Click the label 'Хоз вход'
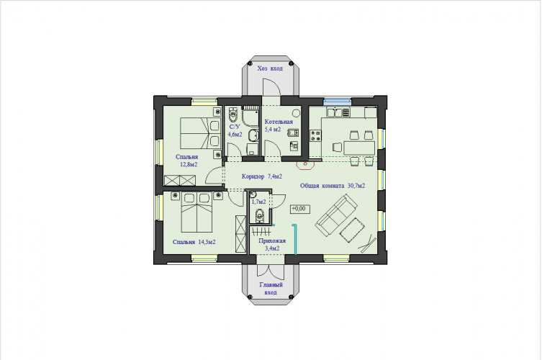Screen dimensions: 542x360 pyautogui.click(x=270, y=68)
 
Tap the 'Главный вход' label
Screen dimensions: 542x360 pyautogui.click(x=271, y=289)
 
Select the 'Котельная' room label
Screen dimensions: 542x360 pyautogui.click(x=279, y=122)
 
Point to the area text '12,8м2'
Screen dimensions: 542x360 pyautogui.click(x=189, y=165)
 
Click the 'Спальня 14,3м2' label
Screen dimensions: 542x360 pyautogui.click(x=194, y=242)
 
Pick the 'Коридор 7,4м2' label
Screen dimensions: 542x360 pyautogui.click(x=262, y=176)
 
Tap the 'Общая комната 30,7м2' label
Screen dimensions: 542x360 pyautogui.click(x=333, y=186)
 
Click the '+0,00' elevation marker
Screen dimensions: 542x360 pyautogui.click(x=299, y=209)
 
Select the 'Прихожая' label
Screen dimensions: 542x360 pyautogui.click(x=272, y=240)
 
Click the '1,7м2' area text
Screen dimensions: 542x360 pyautogui.click(x=258, y=202)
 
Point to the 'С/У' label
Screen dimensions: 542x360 pyautogui.click(x=235, y=127)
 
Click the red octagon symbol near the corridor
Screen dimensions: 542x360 pyautogui.click(x=305, y=165)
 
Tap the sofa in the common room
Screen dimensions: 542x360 pyautogui.click(x=336, y=215)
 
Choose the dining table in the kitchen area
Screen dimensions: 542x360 pyautogui.click(x=359, y=148)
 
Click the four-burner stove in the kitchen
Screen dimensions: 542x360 pyautogui.click(x=315, y=135)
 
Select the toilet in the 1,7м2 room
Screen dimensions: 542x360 pyautogui.click(x=259, y=216)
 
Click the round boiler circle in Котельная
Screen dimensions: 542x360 pyautogui.click(x=296, y=113)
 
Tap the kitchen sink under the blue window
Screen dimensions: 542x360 pyautogui.click(x=338, y=112)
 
